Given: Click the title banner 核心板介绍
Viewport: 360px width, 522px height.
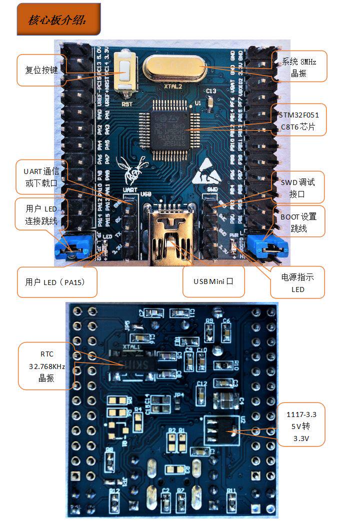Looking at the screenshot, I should coord(58,19).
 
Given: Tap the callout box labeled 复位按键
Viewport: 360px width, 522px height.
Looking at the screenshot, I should coord(41,70).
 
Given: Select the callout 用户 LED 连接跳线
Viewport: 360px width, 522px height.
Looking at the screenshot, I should coord(41,214).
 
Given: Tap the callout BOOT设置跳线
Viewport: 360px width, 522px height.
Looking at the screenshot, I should coord(298,222).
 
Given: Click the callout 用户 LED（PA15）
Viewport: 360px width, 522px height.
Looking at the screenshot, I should coord(55,282).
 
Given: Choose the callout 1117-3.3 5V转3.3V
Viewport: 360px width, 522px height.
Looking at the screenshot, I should coord(301,424).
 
